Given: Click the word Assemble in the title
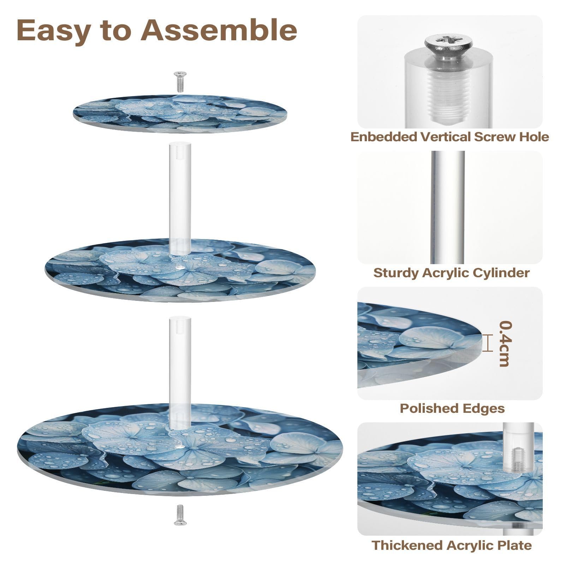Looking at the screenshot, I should pyautogui.click(x=219, y=30).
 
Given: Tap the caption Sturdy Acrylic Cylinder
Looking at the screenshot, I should pyautogui.click(x=451, y=273).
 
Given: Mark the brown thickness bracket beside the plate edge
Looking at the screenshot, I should pyautogui.click(x=488, y=343).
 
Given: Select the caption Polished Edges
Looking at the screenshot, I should pyautogui.click(x=452, y=408).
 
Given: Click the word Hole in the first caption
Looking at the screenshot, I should pyautogui.click(x=534, y=137).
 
